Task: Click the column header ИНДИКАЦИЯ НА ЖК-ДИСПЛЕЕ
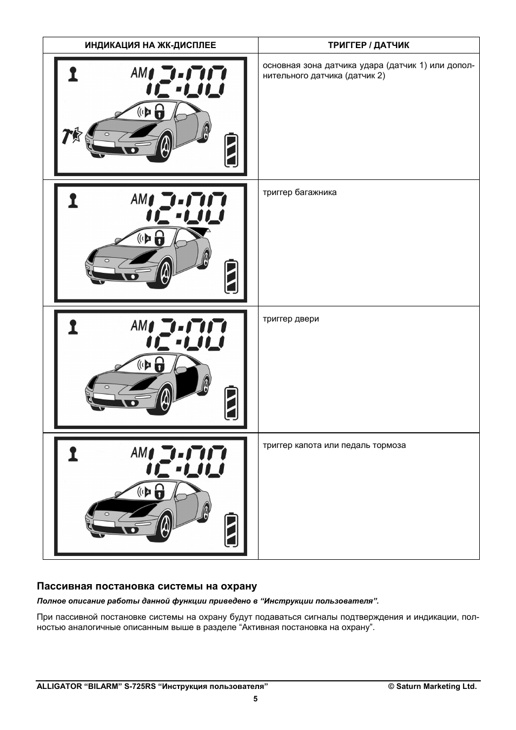click(x=150, y=45)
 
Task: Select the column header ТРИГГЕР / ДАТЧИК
click(x=368, y=45)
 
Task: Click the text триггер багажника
click(x=300, y=192)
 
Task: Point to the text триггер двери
click(x=291, y=319)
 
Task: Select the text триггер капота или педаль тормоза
click(x=334, y=445)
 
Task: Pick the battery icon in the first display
click(x=231, y=150)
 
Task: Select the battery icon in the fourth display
click(x=231, y=530)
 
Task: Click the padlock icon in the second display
click(x=160, y=238)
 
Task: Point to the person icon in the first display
click(x=73, y=73)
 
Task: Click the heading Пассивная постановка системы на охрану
click(x=147, y=586)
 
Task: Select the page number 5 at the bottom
click(x=256, y=699)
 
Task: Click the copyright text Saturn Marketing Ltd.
click(x=432, y=686)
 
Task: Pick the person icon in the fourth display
click(x=73, y=453)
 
